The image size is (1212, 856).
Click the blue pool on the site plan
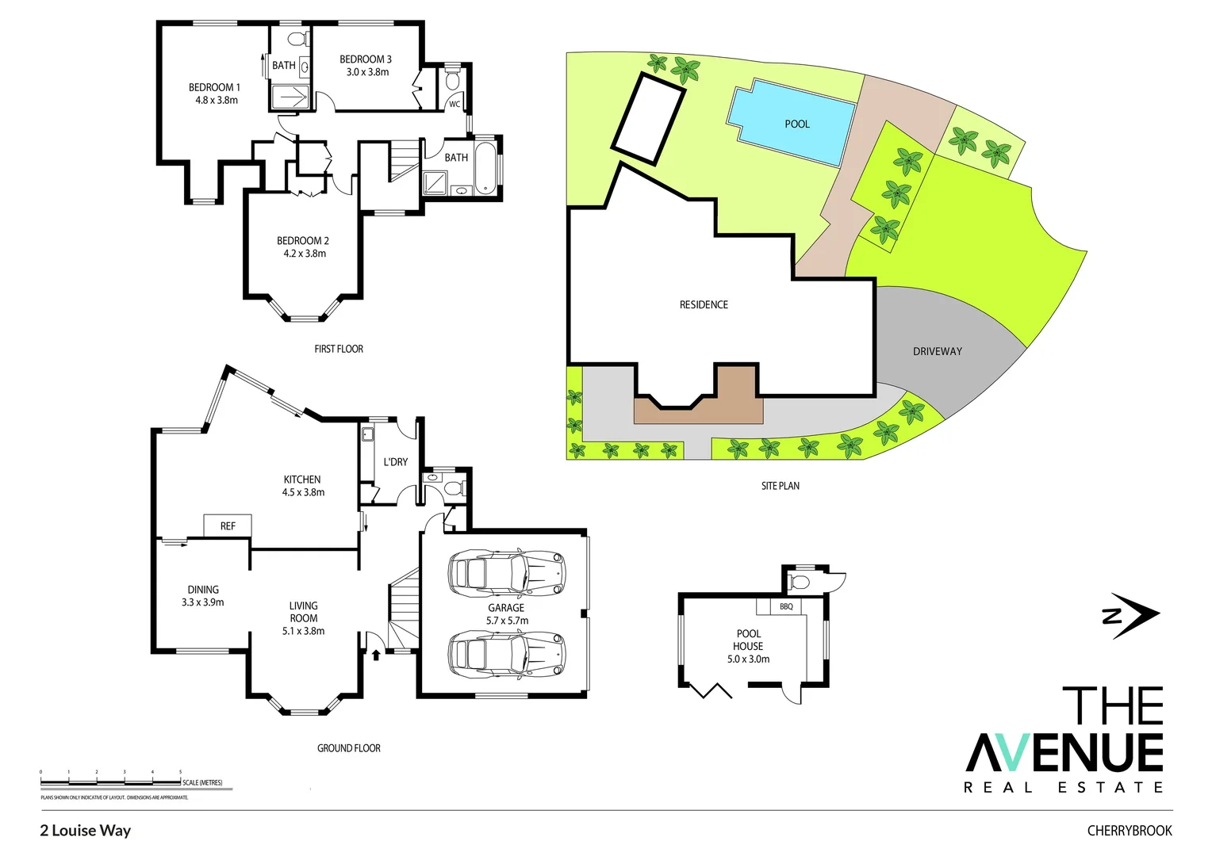(x=792, y=123)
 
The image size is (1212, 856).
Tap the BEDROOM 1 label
(x=214, y=87)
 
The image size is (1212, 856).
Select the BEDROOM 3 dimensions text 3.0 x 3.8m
(x=367, y=72)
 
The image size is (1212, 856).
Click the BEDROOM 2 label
(x=303, y=240)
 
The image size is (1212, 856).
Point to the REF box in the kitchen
(x=228, y=525)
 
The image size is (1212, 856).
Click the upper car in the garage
(x=507, y=572)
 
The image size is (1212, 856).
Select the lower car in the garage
(x=507, y=655)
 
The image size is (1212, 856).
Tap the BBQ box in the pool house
(x=786, y=606)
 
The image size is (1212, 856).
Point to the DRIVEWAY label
(x=937, y=351)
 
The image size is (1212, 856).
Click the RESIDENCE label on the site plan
(x=704, y=304)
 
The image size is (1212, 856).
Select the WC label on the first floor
(x=454, y=104)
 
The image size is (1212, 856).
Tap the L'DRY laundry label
(x=395, y=461)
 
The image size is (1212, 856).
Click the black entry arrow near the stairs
(x=376, y=654)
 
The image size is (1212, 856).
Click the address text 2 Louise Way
(x=86, y=831)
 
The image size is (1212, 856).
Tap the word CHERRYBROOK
(x=1129, y=831)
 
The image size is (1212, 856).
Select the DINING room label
(x=203, y=590)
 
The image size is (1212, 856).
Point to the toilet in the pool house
(x=800, y=583)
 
